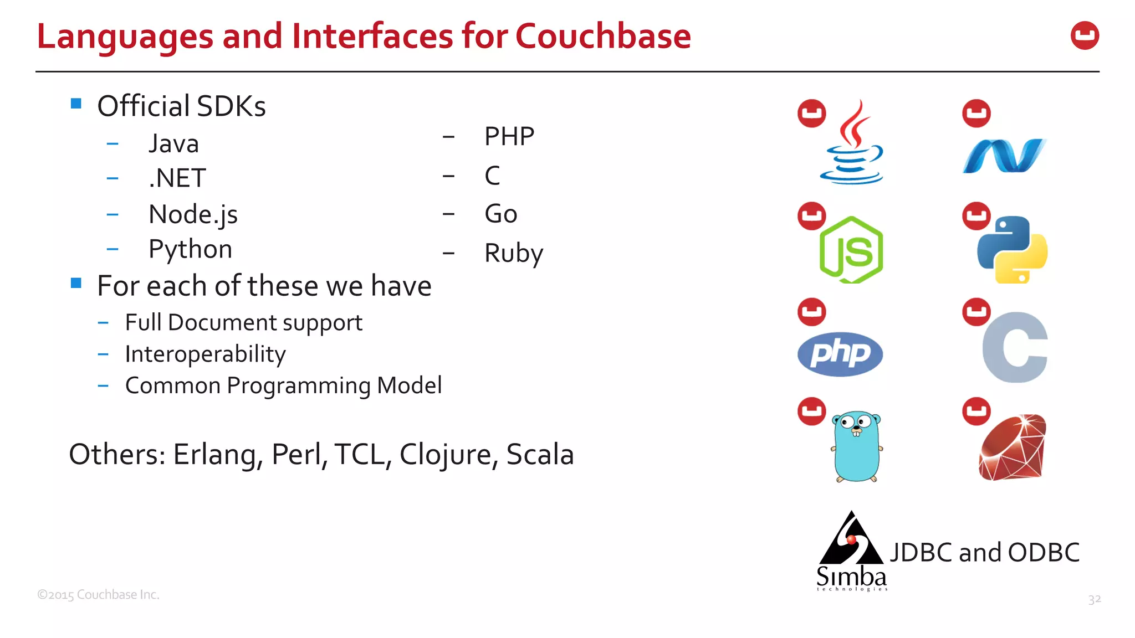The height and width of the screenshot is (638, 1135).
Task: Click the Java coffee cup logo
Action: (852, 144)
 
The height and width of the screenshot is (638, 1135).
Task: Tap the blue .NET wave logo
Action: (1003, 156)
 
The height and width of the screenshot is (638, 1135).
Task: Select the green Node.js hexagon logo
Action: (851, 250)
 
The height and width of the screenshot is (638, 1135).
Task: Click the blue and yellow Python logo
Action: (1012, 250)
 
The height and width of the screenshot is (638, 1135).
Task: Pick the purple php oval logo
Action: (840, 354)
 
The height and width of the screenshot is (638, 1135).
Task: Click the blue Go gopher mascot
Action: (857, 446)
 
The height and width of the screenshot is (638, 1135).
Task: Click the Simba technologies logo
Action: (851, 550)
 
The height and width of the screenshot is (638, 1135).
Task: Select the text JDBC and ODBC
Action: (984, 552)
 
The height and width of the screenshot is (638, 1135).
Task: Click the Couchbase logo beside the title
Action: (1085, 36)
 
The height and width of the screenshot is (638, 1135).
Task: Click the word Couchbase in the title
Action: (603, 37)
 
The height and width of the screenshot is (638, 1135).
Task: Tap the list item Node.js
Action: (193, 214)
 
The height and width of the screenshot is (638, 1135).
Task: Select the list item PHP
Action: (509, 136)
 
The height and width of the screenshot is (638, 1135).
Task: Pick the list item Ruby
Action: (513, 253)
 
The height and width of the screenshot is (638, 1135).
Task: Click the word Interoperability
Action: (205, 354)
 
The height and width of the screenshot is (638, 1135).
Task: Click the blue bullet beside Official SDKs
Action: (76, 104)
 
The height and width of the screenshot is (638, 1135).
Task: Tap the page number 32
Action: (1094, 599)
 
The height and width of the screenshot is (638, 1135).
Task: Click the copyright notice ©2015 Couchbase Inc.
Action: (98, 595)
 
